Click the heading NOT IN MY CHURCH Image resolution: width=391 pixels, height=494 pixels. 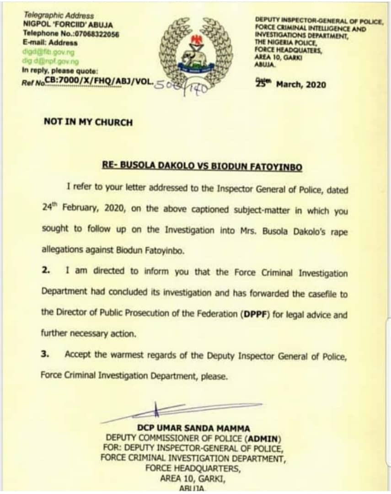click(88, 122)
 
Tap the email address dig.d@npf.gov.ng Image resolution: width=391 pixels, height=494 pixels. click(50, 61)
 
